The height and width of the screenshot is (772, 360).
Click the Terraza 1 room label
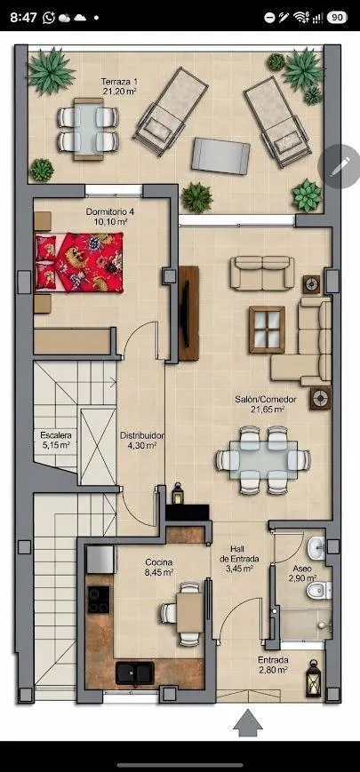tap(118, 86)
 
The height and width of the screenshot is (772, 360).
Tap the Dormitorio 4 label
tap(110, 217)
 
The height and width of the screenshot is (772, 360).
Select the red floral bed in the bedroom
tap(79, 263)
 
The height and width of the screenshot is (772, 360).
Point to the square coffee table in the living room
tap(267, 330)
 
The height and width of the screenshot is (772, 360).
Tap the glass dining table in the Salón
tap(263, 460)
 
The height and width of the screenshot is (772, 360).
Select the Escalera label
tap(56, 440)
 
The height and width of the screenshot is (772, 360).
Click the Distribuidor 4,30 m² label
tap(142, 440)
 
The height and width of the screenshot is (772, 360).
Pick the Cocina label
tap(158, 567)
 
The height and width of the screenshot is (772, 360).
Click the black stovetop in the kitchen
tap(99, 600)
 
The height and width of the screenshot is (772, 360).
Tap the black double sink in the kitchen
tap(135, 673)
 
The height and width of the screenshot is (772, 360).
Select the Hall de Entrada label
tap(239, 559)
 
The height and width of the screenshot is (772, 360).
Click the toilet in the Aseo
tap(319, 590)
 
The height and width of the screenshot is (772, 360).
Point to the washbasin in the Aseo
tap(316, 547)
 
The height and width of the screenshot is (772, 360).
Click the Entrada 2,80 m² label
tap(273, 665)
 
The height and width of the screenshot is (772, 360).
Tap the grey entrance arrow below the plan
tap(248, 723)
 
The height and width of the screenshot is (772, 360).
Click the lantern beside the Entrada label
tap(313, 679)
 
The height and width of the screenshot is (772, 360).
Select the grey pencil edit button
tap(340, 167)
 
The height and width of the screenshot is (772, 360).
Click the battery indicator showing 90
tap(337, 18)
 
